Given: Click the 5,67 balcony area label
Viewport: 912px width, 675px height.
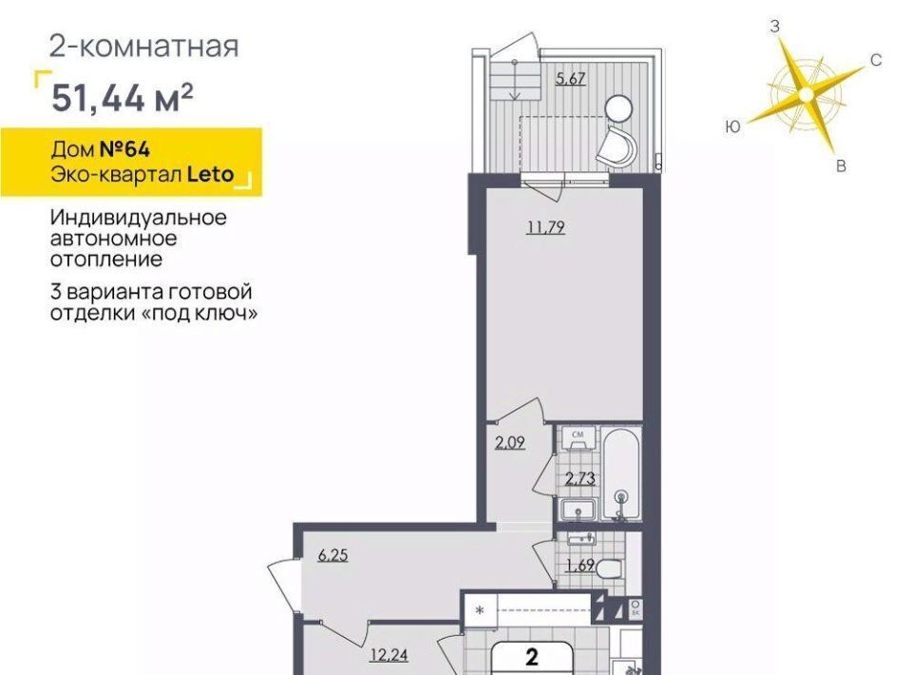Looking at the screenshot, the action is (570, 79).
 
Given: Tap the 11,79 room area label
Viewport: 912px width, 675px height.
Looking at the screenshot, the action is (545, 226).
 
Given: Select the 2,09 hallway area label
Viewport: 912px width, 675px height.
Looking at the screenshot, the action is (509, 443).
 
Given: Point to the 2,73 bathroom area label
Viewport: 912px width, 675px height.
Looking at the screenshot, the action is (579, 478).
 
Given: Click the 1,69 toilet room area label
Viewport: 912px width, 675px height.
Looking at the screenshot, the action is (579, 565).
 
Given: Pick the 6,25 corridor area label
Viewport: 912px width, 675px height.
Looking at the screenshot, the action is (332, 555).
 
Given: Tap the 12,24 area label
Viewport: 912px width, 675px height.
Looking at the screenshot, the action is (389, 655).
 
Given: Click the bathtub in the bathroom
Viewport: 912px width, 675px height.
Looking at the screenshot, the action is (621, 473).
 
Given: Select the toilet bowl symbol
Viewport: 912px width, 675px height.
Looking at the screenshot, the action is (610, 568).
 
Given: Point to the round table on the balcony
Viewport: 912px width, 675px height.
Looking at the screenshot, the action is (618, 108).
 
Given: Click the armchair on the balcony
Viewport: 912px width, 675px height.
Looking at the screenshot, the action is (616, 146).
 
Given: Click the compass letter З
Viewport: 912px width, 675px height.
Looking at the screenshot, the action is (775, 27).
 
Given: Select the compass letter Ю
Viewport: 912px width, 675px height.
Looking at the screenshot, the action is (733, 126).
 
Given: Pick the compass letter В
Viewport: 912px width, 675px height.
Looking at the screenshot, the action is (841, 166).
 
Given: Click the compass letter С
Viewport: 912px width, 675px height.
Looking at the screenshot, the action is (876, 60).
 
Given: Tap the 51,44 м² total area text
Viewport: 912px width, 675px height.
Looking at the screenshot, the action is (123, 97).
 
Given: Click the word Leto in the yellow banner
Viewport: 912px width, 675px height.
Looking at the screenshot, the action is (210, 174).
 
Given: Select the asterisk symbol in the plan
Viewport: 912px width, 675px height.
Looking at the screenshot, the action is (480, 611).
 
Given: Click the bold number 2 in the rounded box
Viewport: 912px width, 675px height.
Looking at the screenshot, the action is (532, 658).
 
